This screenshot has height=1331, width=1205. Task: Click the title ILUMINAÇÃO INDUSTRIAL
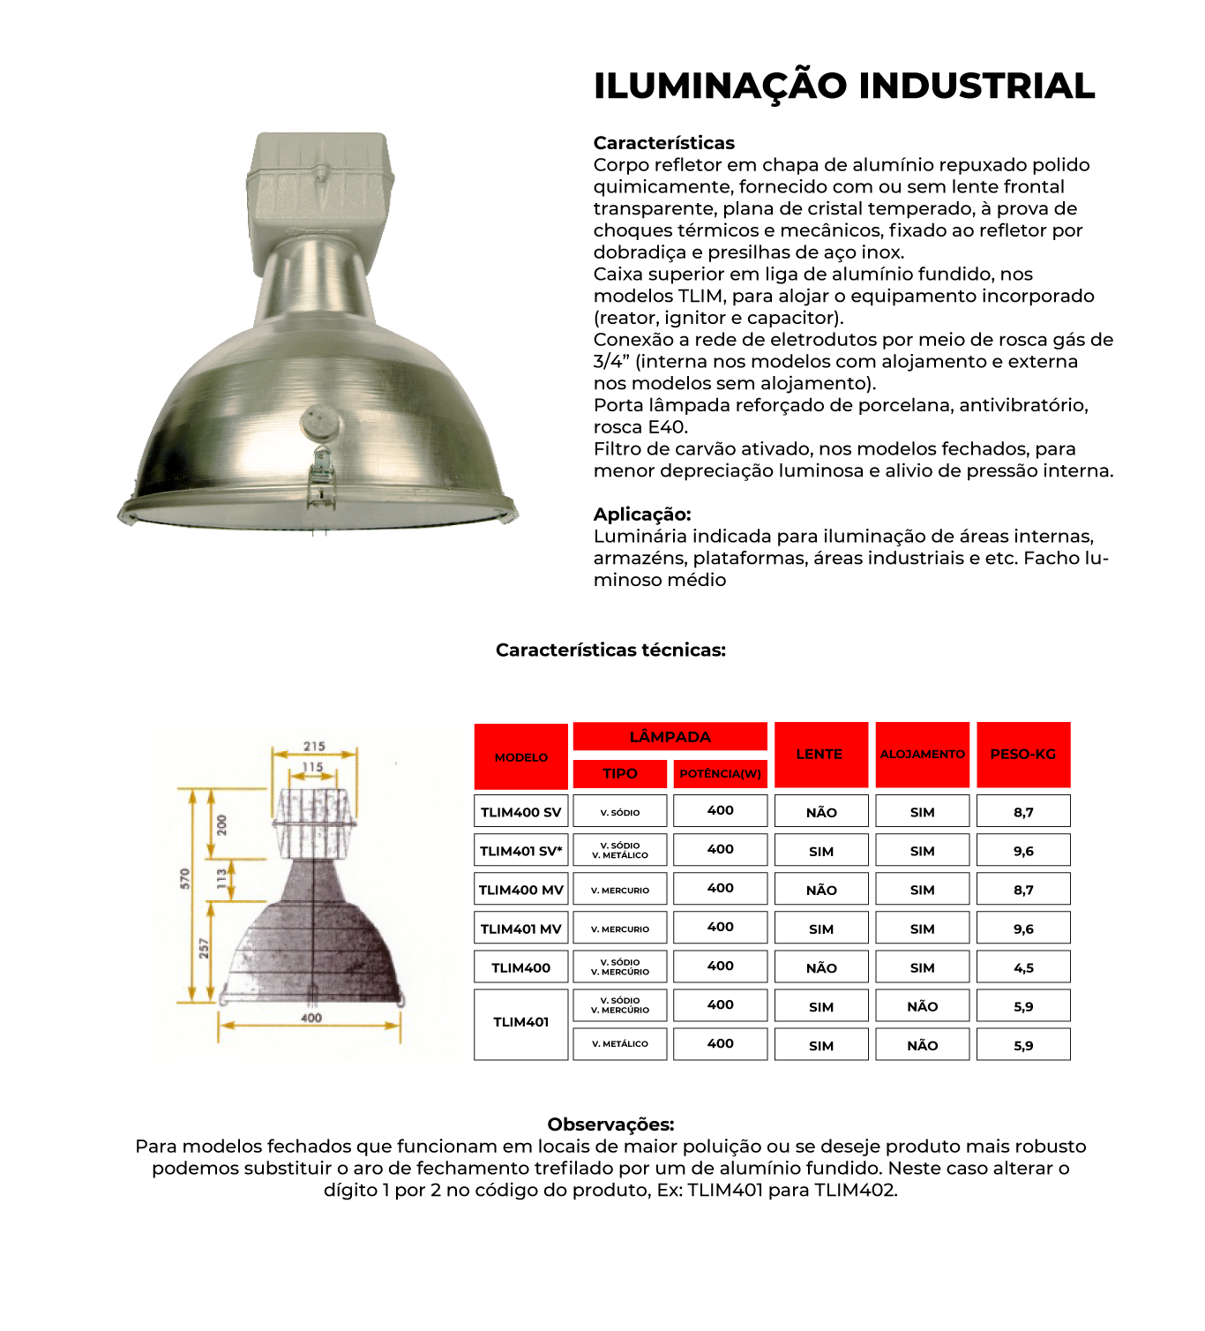pos(844,86)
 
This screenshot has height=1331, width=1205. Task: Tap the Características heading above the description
pos(663,143)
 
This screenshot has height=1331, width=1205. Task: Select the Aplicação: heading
pos(642,515)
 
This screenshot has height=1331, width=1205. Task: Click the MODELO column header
pos(520,757)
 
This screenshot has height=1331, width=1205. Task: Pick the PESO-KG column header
pos(1023,755)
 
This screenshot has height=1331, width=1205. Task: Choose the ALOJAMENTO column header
pos(922,755)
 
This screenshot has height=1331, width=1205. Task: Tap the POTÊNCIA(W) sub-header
pos(720,774)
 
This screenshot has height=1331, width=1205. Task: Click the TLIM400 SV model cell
pos(520,812)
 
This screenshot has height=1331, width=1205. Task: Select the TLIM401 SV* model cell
pos(520,851)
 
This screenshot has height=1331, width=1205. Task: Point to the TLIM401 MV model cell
pos(520,929)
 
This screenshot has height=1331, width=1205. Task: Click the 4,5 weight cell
pos(1023,967)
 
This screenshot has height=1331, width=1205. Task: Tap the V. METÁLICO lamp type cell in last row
pos(620,1044)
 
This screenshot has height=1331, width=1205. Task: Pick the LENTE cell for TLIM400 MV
pos(821,890)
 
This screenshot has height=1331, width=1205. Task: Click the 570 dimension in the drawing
pos(184,879)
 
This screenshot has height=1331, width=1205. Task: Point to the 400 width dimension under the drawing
pos(311,1019)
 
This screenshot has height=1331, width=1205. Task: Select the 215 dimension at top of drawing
pos(314,747)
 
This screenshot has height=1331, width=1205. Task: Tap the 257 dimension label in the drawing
pos(204,949)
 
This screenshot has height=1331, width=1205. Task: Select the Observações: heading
pos(610,1124)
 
